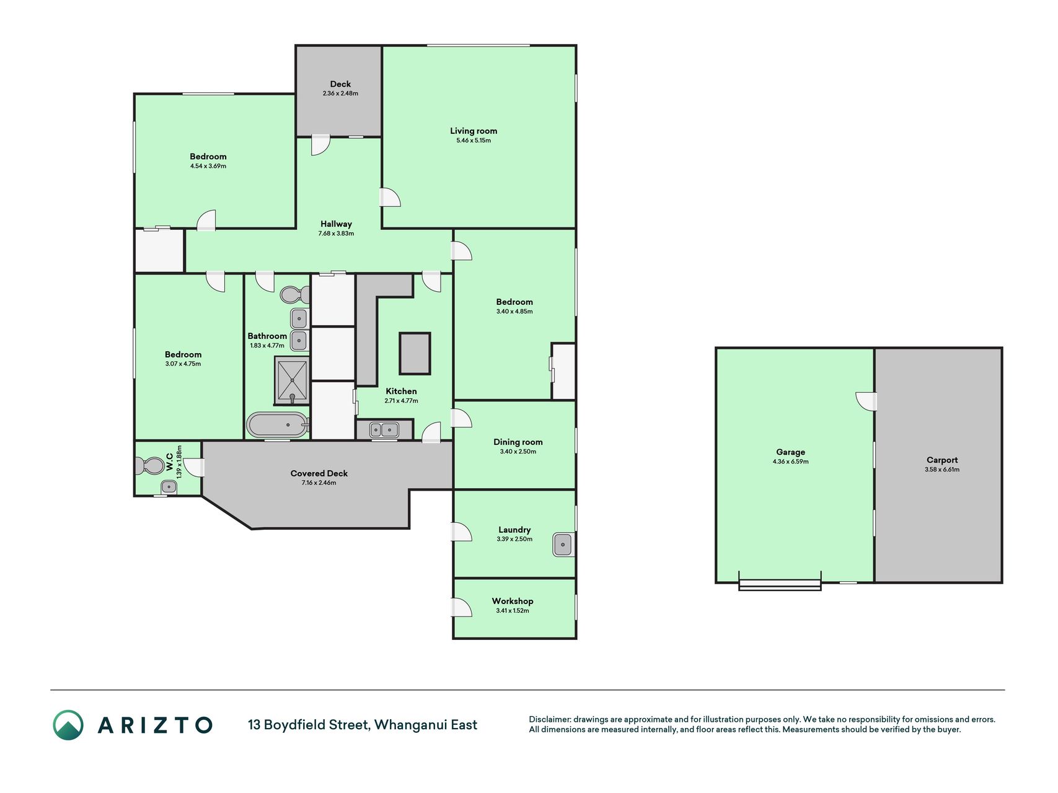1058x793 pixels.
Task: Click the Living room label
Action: coord(474,131)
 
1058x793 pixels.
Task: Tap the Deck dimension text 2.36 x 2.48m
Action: coord(340,94)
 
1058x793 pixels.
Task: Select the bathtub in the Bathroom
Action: coord(278,425)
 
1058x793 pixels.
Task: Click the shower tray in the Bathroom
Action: coord(292,380)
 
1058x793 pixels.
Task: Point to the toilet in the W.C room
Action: coord(148,465)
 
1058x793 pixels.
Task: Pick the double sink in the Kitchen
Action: coord(384,429)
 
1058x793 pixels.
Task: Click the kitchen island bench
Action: coord(415,353)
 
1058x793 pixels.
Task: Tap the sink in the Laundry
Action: coord(563,545)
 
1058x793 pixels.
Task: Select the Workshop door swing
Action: coord(462,607)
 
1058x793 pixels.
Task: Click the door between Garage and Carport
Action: coord(866,401)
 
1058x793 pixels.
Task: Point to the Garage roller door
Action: coord(780,584)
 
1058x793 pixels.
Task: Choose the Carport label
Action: coord(942,460)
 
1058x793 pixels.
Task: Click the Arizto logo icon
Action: coord(68,725)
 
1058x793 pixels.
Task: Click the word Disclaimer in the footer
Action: coord(549,719)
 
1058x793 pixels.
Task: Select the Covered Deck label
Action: coord(319,473)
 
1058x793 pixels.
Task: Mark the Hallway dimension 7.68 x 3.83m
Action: coord(336,234)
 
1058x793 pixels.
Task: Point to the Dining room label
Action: coord(518,442)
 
